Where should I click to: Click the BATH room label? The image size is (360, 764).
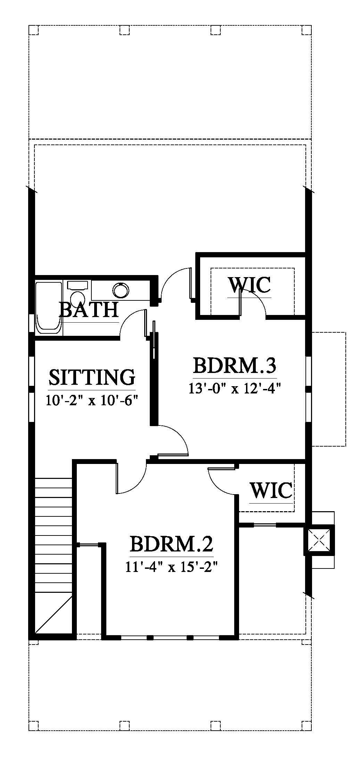[89, 310]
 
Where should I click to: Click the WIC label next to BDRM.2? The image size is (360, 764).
[271, 490]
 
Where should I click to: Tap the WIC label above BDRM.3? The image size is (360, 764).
[249, 285]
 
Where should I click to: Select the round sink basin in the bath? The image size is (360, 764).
[121, 290]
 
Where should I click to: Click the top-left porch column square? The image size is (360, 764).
[33, 30]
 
